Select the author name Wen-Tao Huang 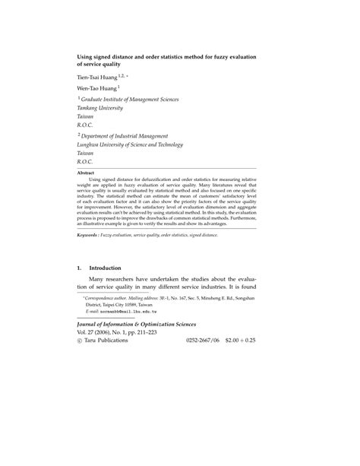[x=100, y=88]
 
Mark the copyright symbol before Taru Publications [x=80, y=341]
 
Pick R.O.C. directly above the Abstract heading [x=84, y=161]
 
